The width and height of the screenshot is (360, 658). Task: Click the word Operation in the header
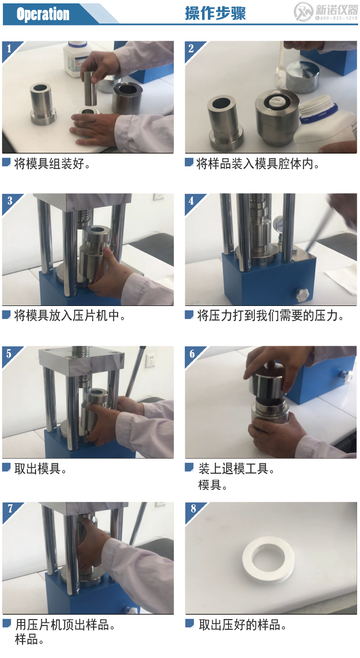[43, 14]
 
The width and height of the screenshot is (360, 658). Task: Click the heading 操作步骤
[215, 13]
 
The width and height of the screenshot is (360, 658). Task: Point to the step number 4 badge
[192, 200]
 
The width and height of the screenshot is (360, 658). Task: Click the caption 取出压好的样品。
[243, 625]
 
